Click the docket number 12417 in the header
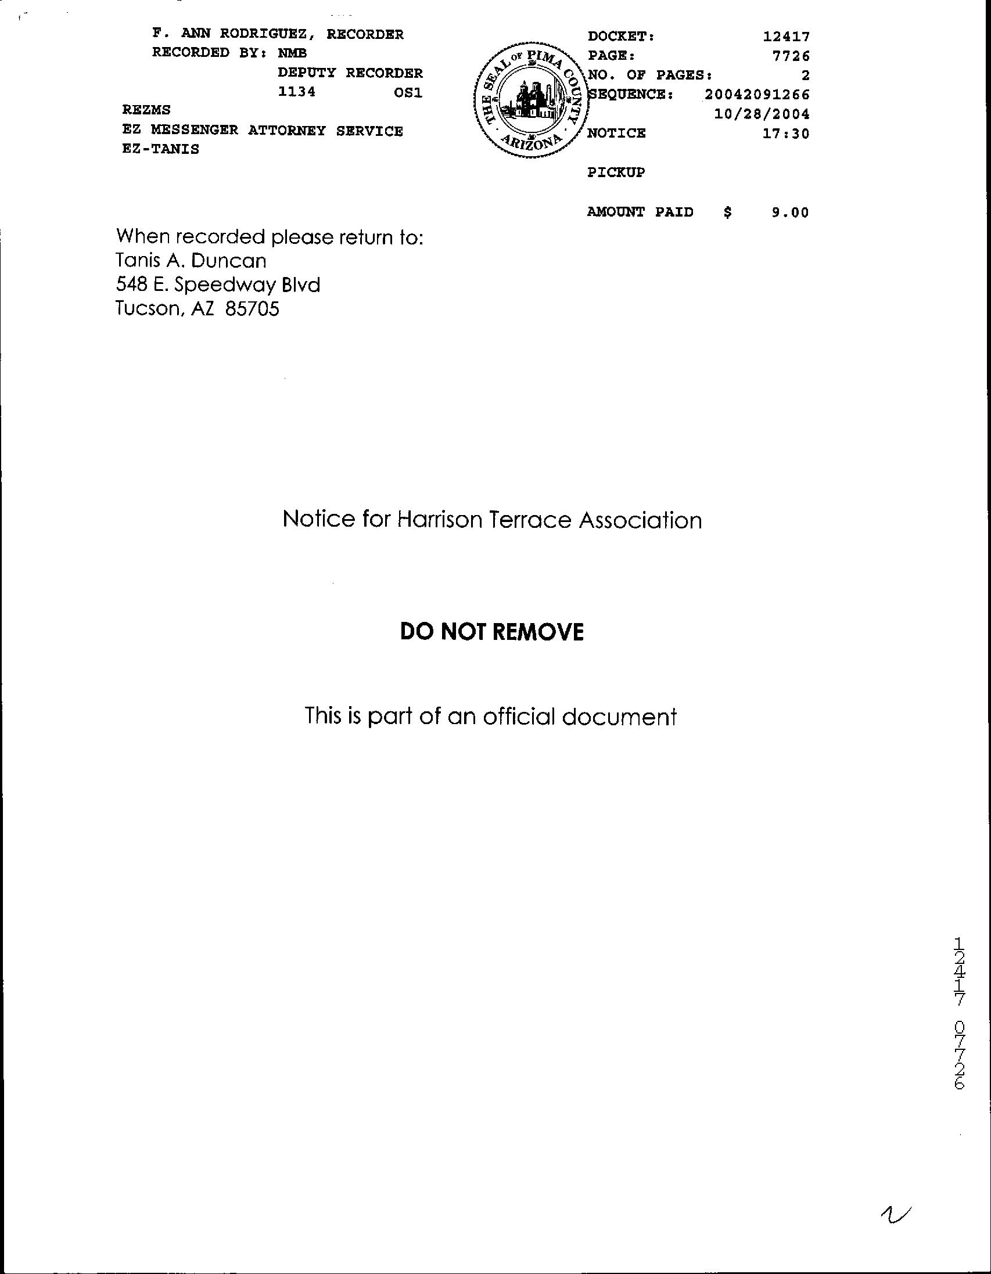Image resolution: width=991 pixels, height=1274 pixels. [x=786, y=37]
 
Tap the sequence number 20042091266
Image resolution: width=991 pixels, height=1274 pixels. [x=757, y=94]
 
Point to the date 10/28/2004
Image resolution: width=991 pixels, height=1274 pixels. [x=762, y=114]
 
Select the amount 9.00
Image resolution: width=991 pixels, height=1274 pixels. [x=790, y=213]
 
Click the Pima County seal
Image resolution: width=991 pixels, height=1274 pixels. [x=530, y=99]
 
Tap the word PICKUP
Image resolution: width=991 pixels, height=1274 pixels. [x=616, y=172]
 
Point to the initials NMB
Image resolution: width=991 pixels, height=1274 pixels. [x=292, y=53]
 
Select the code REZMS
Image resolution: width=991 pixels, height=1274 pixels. [x=146, y=110]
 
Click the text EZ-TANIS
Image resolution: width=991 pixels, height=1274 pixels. [x=160, y=149]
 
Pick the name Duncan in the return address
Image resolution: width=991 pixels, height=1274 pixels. [x=229, y=260]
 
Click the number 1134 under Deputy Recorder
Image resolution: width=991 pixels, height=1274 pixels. [x=296, y=92]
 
